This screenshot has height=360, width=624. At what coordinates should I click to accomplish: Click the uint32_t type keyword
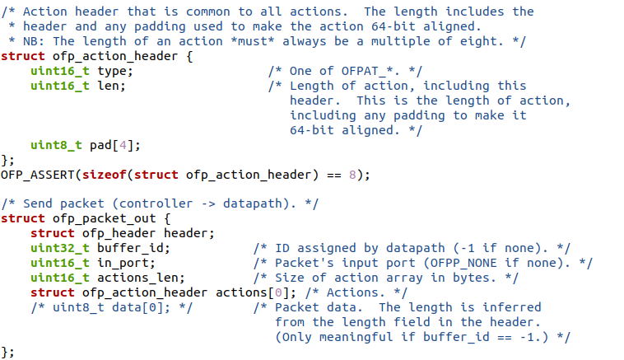(60, 248)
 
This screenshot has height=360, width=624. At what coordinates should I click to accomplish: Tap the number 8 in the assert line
(354, 175)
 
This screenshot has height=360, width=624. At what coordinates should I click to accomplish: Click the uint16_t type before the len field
(60, 86)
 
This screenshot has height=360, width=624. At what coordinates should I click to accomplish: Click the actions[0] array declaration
(249, 292)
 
